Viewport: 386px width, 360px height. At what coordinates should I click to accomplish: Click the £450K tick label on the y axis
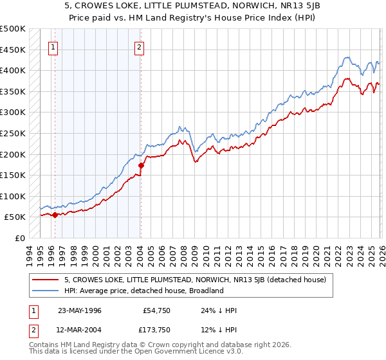coord(13,50)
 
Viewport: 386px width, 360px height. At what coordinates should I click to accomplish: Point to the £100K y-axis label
coord(13,196)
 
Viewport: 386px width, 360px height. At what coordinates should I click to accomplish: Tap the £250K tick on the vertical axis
coord(13,134)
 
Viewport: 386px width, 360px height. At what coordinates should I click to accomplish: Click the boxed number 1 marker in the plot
coord(53,46)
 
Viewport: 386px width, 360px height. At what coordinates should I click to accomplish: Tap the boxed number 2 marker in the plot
coord(140,46)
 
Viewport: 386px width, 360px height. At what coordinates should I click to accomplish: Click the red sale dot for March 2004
coord(141,165)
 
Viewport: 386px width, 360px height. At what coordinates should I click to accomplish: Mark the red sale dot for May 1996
coord(55,215)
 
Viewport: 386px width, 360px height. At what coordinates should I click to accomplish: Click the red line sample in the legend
coord(46,280)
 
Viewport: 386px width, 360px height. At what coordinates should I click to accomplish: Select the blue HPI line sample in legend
coord(46,291)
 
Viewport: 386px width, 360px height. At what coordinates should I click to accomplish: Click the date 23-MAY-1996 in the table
coord(80,310)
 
